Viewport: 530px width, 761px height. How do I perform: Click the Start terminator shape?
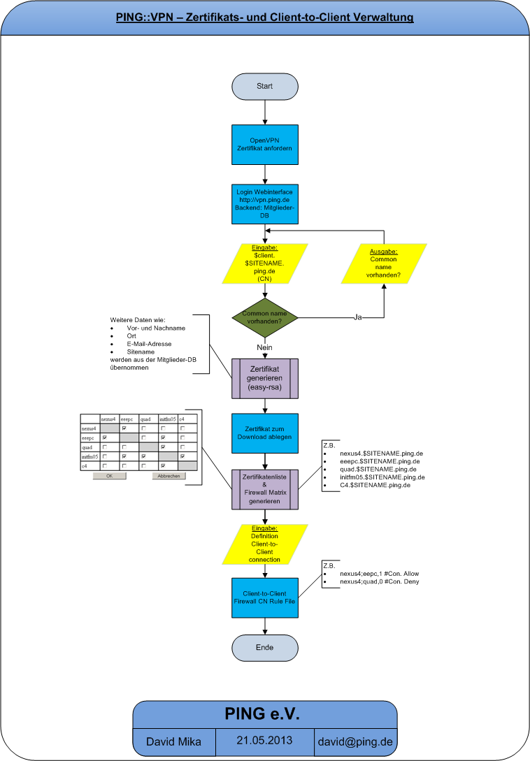click(x=265, y=86)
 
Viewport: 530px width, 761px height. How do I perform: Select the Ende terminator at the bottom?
click(x=265, y=647)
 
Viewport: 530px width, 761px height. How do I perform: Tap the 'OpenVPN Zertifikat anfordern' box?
click(x=265, y=145)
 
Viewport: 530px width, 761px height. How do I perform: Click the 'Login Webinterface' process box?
click(x=265, y=204)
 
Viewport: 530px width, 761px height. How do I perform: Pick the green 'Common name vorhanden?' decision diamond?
click(x=265, y=319)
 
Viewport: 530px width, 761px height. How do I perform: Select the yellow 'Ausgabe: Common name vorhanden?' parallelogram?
click(x=384, y=263)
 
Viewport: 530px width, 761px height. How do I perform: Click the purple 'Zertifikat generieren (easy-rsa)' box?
click(x=265, y=377)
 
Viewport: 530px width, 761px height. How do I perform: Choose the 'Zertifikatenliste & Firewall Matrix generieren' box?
click(x=265, y=488)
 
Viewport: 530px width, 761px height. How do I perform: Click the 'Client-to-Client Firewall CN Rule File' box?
click(x=265, y=597)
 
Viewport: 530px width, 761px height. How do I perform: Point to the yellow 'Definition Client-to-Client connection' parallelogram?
click(x=265, y=544)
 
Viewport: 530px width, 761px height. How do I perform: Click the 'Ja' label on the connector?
click(x=358, y=318)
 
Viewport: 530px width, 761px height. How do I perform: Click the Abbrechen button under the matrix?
click(x=169, y=476)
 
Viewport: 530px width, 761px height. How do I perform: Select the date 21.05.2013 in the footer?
click(x=264, y=740)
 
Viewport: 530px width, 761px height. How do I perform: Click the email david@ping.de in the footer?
click(x=354, y=741)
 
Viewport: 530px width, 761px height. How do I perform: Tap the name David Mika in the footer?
click(x=173, y=741)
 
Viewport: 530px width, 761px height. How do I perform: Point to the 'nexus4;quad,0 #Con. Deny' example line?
click(x=379, y=581)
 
